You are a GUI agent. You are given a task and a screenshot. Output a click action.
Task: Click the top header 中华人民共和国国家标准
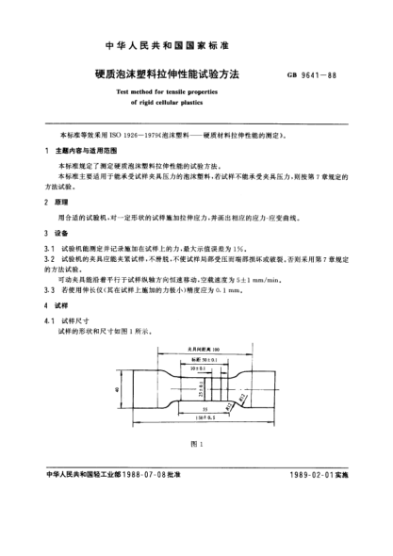196,44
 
